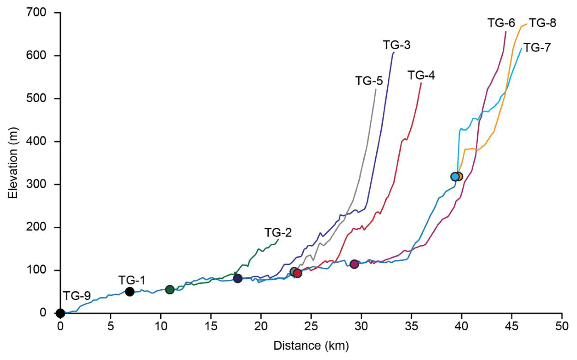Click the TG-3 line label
click(396, 45)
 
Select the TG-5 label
click(369, 81)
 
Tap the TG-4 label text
click(421, 76)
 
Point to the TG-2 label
click(278, 233)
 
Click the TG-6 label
click(501, 23)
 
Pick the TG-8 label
click(542, 23)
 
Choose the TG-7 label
click(537, 48)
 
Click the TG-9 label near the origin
click(77, 296)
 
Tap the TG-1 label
click(132, 280)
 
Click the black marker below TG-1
click(130, 292)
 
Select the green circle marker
click(170, 290)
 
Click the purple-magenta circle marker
click(354, 264)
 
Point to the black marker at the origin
click(60, 314)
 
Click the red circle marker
click(298, 274)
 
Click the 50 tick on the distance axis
click(562, 326)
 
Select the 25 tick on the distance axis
click(311, 326)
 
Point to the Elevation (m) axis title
click(13, 163)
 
